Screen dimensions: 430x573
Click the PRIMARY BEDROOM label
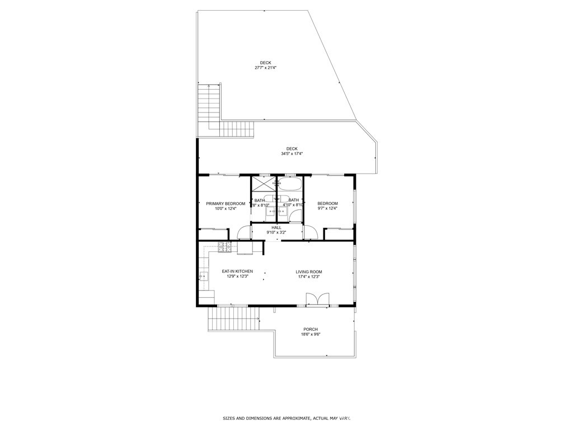226,203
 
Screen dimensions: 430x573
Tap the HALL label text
276,227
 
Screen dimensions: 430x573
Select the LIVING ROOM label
309,272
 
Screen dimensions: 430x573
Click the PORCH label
311,329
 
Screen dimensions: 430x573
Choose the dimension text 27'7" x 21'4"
266,68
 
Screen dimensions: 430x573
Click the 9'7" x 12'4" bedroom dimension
327,208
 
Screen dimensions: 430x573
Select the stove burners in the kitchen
225,246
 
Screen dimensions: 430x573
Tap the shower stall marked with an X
260,184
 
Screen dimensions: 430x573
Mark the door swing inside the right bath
295,216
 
